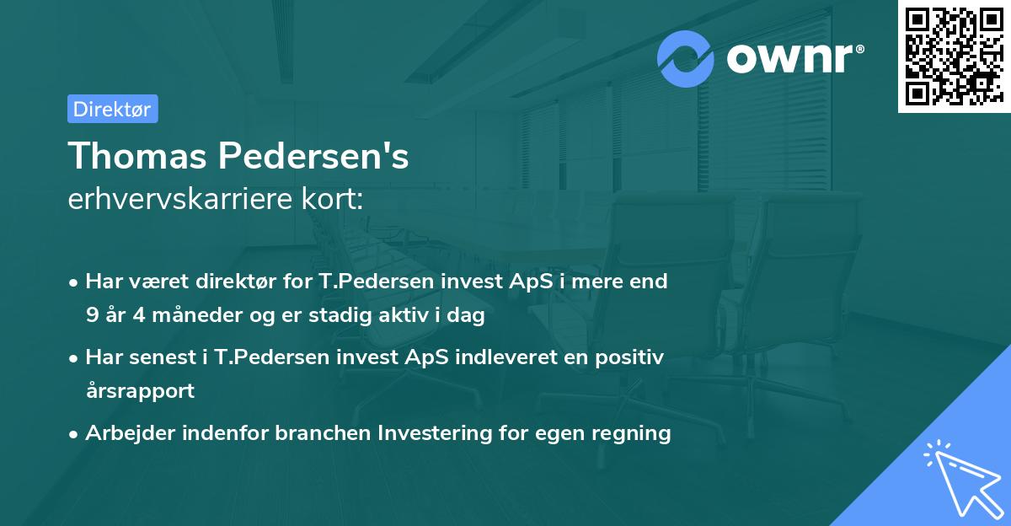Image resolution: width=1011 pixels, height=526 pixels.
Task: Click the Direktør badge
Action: pos(112,109)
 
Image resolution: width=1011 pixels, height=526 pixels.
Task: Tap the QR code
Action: pos(950,56)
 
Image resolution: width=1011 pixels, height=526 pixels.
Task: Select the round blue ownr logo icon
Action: pos(686,58)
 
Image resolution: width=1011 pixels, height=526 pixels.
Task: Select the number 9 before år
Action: pos(91,315)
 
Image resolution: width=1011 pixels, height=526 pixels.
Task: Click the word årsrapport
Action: pos(140,391)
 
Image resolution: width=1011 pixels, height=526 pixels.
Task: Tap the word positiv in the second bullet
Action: pos(632,357)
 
